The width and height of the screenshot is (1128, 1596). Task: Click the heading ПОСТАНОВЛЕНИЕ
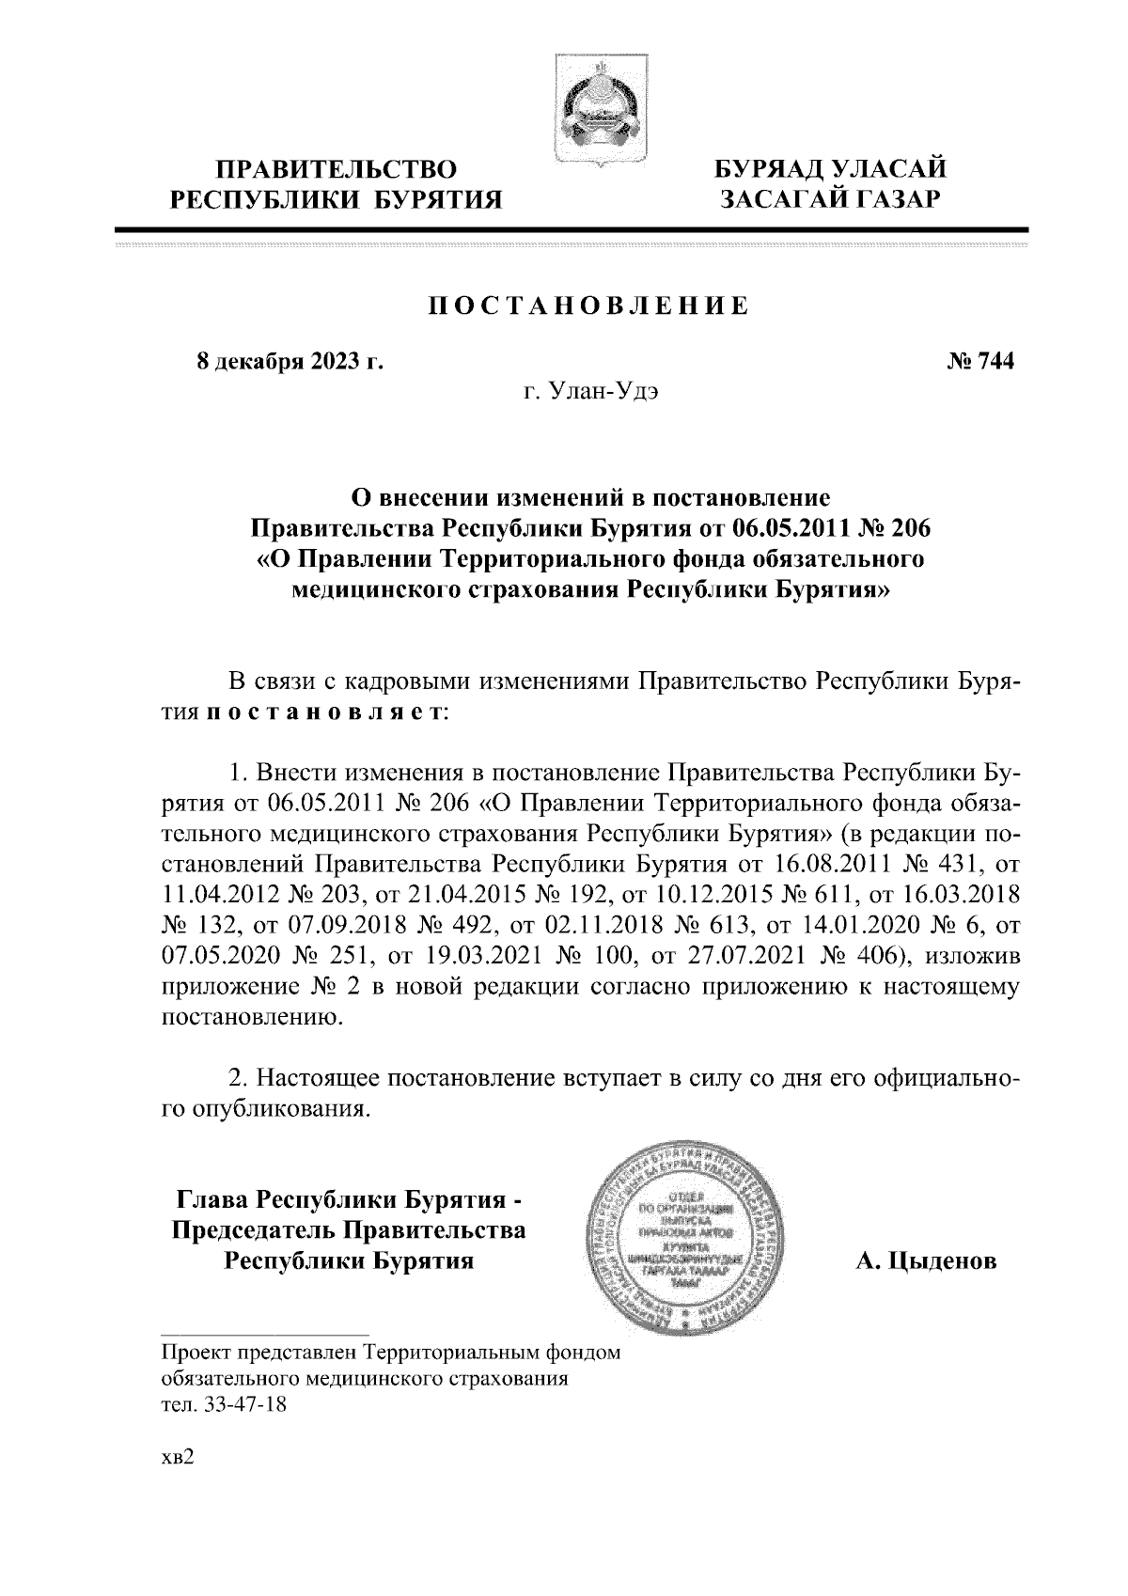[589, 306]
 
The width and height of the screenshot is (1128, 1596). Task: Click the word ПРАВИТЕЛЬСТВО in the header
[337, 169]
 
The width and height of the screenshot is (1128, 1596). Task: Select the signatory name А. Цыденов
[926, 1260]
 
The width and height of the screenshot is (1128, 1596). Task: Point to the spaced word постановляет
[324, 712]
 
